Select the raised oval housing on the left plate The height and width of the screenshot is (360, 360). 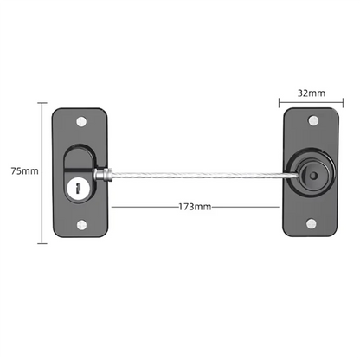78,173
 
